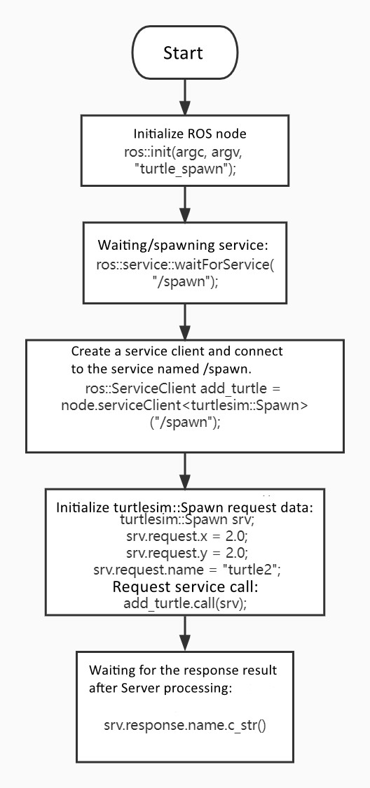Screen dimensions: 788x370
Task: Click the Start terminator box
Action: coord(184,53)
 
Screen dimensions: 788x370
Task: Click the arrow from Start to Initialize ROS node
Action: coord(184,97)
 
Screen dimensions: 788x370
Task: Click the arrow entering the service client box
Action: coord(184,322)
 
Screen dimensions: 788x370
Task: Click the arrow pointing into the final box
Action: coord(184,634)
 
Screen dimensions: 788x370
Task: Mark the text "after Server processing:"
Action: coord(160,687)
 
